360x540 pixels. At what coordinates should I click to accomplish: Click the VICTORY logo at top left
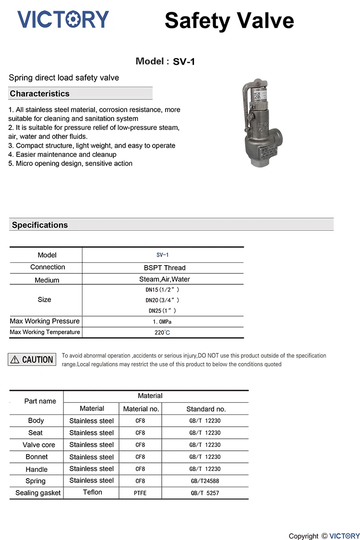[x=63, y=19]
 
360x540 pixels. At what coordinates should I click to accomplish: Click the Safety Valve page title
[x=229, y=21]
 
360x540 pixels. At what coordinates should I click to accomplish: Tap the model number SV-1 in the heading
[x=184, y=62]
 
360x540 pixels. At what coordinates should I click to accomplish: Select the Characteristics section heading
[x=40, y=94]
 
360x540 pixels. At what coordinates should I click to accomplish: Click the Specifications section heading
[x=40, y=225]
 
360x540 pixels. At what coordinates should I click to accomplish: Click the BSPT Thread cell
[x=164, y=268]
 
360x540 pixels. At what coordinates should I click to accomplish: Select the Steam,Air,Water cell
[x=164, y=279]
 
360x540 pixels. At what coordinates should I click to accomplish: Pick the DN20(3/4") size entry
[x=162, y=300]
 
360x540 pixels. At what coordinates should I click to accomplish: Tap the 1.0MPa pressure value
[x=162, y=322]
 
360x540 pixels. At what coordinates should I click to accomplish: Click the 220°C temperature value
[x=162, y=332]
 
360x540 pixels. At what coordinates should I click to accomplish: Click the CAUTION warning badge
[x=32, y=360]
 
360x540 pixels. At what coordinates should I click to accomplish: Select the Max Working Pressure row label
[x=45, y=321]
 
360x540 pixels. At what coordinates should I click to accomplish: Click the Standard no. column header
[x=206, y=409]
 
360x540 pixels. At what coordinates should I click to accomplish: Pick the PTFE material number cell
[x=140, y=493]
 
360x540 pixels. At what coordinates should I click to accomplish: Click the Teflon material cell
[x=92, y=493]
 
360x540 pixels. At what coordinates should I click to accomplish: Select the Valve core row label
[x=39, y=445]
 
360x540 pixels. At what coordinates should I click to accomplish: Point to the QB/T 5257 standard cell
[x=205, y=493]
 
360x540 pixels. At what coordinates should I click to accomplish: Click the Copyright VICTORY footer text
[x=324, y=536]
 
